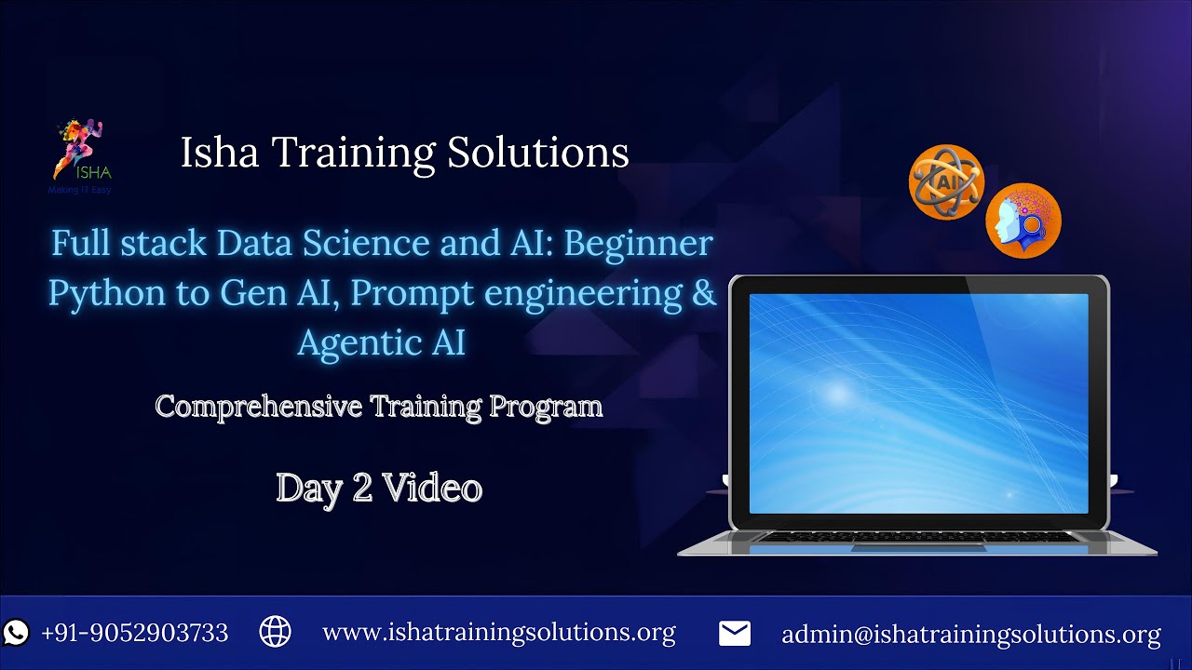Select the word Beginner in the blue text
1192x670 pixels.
point(639,244)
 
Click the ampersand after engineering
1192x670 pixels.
point(705,293)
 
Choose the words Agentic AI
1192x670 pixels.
point(381,342)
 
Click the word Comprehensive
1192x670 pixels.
point(258,407)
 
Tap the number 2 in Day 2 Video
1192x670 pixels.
point(362,489)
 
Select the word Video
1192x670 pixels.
point(432,489)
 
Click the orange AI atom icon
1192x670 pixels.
point(946,182)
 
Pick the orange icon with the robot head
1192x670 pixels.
point(1023,221)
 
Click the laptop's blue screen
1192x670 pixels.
point(918,403)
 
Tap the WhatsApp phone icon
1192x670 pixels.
point(17,633)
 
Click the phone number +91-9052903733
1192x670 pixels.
point(135,633)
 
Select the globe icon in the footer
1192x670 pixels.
point(275,632)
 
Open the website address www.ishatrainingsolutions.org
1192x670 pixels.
point(498,633)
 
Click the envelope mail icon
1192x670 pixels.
point(735,634)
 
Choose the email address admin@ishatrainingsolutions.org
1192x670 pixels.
point(970,635)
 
